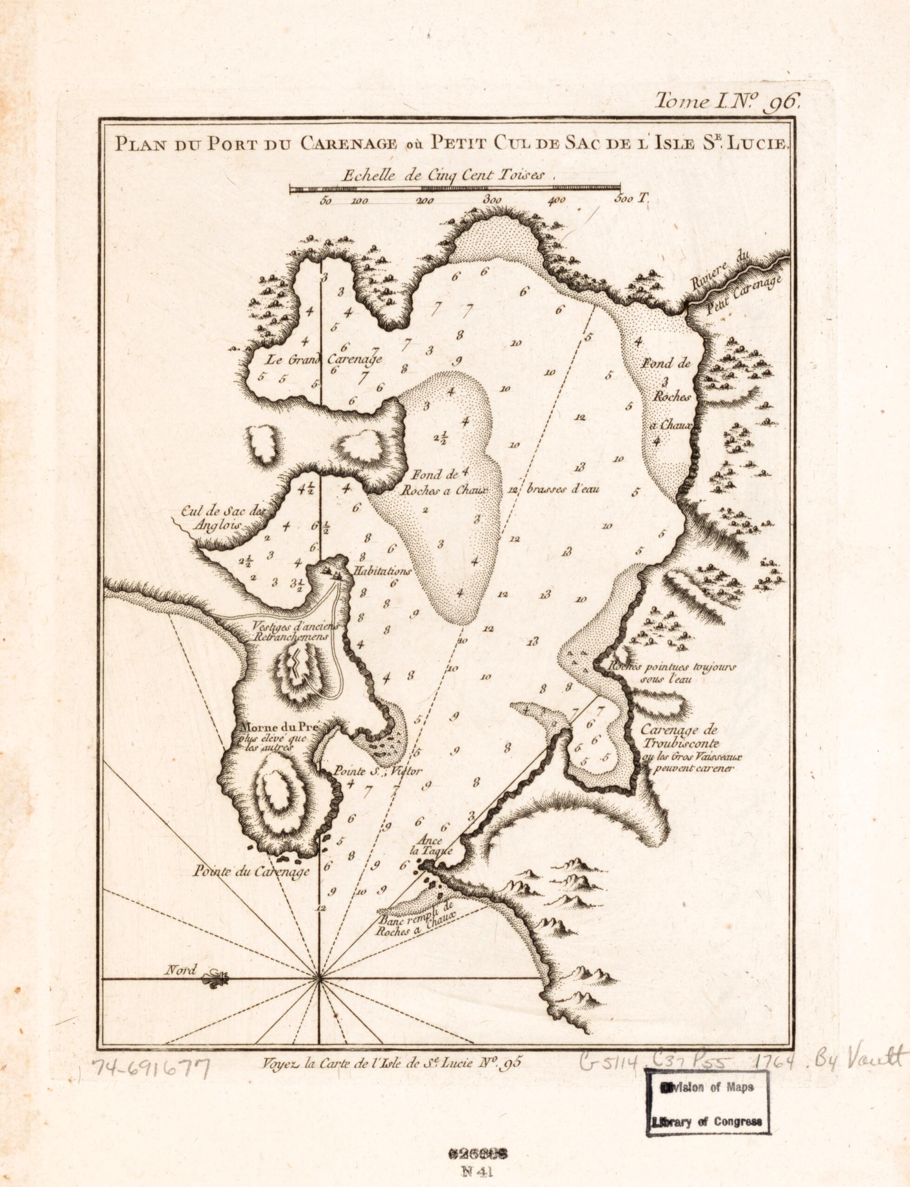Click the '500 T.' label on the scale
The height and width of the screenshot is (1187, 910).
click(632, 199)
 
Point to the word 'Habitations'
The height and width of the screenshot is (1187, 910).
click(382, 571)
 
